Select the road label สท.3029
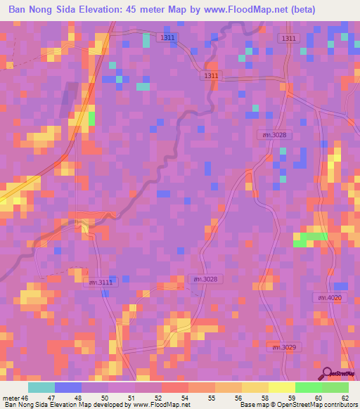(x=281, y=347)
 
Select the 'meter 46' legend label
(x=15, y=398)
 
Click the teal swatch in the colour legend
(x=41, y=387)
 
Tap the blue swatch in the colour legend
(x=68, y=387)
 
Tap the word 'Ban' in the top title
(x=19, y=10)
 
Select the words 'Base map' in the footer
(x=254, y=405)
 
